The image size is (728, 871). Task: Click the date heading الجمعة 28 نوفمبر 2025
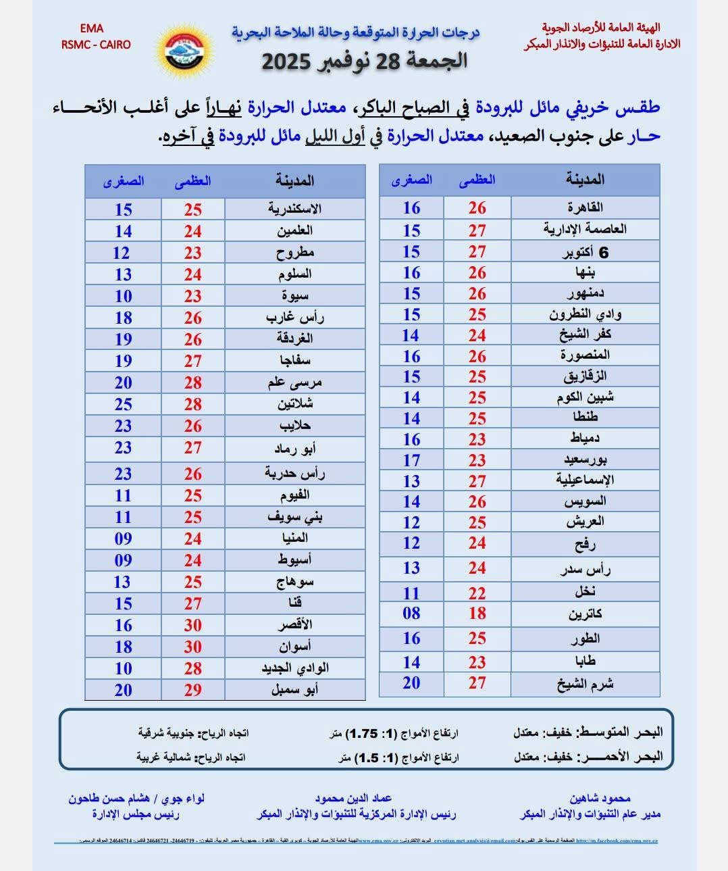(x=364, y=61)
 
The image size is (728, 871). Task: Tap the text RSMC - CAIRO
(x=96, y=45)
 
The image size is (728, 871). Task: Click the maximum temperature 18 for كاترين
(x=477, y=614)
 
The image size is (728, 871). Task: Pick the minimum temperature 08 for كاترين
(x=411, y=614)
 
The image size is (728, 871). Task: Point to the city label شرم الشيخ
(x=585, y=684)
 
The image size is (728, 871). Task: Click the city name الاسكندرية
(x=294, y=209)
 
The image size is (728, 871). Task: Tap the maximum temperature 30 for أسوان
(x=193, y=647)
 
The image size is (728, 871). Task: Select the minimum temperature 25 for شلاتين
(x=123, y=404)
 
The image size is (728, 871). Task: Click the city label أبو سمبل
(x=294, y=690)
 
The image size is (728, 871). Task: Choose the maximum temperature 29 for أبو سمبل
(x=193, y=690)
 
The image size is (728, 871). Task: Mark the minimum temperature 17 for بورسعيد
(x=411, y=460)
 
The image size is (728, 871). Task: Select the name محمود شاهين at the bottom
(x=600, y=798)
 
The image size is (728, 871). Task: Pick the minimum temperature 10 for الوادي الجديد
(x=123, y=668)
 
